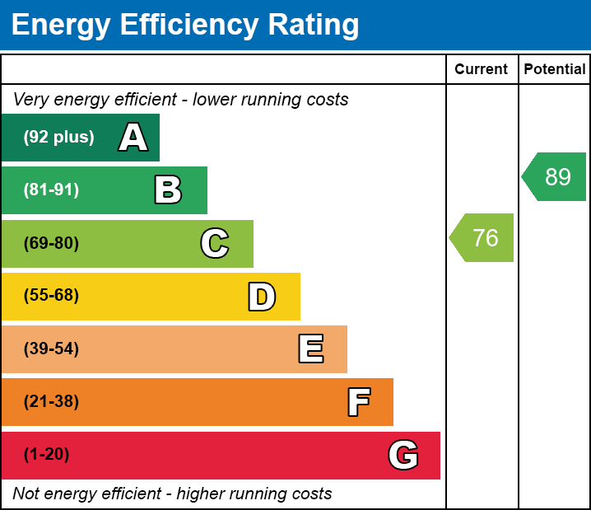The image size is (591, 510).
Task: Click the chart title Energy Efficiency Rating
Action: tap(185, 26)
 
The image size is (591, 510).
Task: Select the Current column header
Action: tap(482, 69)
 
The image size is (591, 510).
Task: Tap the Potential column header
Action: tap(555, 69)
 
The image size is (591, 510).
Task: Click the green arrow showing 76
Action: tap(482, 238)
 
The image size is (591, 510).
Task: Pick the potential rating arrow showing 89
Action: tap(555, 176)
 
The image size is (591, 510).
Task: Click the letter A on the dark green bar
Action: tap(133, 138)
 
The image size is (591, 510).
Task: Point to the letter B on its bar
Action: tap(168, 190)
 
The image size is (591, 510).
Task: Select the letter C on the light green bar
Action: tap(215, 244)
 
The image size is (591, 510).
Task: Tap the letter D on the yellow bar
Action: tap(262, 297)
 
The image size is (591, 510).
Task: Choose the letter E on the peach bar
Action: tap(310, 349)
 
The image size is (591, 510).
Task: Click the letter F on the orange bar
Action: tap(358, 403)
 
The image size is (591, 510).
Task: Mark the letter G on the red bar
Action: tap(403, 455)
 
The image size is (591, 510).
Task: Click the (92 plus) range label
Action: tap(58, 138)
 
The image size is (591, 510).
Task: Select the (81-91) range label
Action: tap(51, 190)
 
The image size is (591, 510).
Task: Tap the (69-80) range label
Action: tap(51, 244)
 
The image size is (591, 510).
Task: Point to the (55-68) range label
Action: tap(51, 296)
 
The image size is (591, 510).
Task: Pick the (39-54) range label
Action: tap(51, 349)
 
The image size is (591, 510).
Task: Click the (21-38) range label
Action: tap(51, 402)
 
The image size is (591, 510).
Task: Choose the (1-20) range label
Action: tap(46, 455)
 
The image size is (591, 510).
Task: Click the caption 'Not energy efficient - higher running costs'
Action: tap(172, 494)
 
